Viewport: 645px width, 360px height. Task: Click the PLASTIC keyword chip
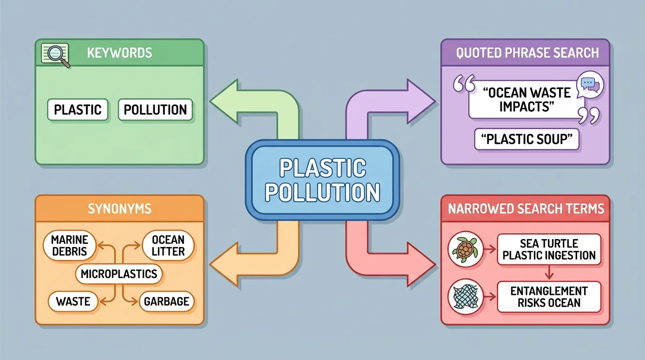tap(77, 110)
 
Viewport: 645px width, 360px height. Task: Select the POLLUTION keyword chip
tap(155, 110)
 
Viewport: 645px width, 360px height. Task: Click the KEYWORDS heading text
tap(120, 52)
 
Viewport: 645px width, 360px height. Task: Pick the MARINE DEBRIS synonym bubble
tap(69, 246)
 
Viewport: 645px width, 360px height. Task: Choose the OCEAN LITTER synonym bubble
tap(168, 246)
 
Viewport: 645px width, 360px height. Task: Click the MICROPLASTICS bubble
tap(119, 274)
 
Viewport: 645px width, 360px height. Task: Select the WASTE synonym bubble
tap(73, 301)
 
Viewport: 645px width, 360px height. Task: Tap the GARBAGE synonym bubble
tap(166, 301)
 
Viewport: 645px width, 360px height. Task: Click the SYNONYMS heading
tap(120, 209)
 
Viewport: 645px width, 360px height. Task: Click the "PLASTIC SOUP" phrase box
tap(526, 140)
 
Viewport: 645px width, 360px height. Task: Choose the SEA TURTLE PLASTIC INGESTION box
tap(548, 249)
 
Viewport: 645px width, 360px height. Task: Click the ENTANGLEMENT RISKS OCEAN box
tap(548, 297)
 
